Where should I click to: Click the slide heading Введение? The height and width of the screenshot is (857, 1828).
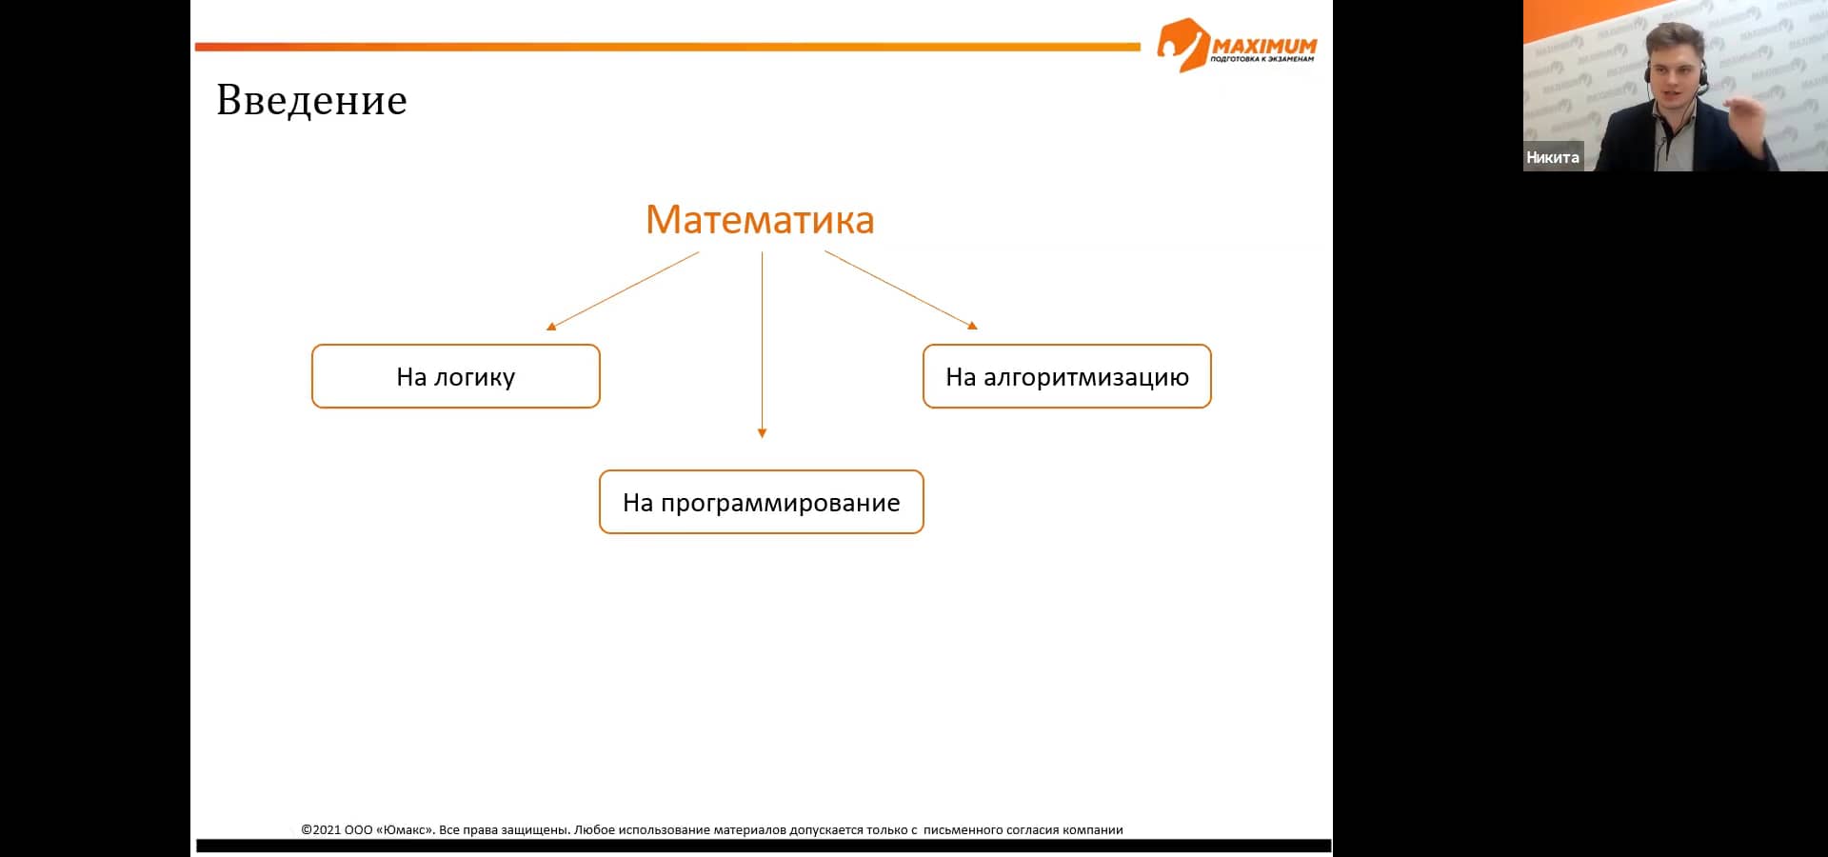click(311, 100)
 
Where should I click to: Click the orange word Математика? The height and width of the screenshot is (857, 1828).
click(760, 220)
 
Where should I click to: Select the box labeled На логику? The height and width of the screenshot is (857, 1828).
click(455, 376)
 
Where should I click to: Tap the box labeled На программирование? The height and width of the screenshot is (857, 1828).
click(761, 502)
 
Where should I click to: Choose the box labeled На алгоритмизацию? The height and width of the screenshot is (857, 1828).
click(1066, 376)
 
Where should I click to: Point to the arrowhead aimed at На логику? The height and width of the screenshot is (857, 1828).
click(551, 327)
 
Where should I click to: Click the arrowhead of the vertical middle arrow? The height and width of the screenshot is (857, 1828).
click(762, 433)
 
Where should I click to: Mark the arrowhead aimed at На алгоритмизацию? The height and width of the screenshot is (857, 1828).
click(972, 326)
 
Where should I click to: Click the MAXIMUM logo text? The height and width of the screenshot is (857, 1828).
click(1264, 46)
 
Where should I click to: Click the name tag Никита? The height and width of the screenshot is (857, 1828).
click(1552, 157)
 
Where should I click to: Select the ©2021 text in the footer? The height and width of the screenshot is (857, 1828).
click(321, 829)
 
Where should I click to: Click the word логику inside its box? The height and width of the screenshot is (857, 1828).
click(474, 377)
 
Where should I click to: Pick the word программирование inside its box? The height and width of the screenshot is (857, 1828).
click(780, 503)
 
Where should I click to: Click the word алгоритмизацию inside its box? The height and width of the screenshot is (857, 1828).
click(1085, 377)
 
